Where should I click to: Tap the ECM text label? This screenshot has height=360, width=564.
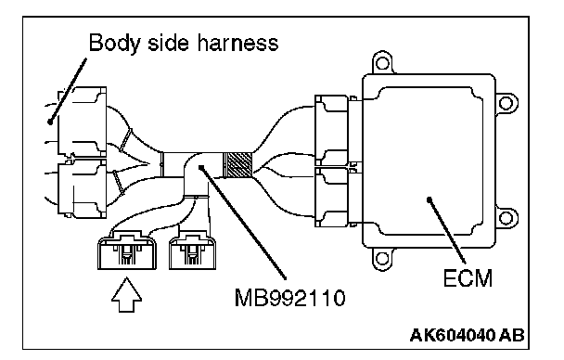tap(468, 278)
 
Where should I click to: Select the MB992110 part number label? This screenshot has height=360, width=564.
tap(289, 298)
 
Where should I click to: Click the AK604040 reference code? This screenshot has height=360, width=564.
tap(454, 335)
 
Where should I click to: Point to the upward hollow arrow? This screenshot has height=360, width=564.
tap(126, 294)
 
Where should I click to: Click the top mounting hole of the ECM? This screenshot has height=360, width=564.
tap(382, 64)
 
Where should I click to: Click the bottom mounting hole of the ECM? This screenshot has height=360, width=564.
tap(382, 258)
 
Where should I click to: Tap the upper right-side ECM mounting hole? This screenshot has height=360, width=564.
tap(506, 103)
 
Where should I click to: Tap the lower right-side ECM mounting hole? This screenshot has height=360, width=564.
tap(506, 217)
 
